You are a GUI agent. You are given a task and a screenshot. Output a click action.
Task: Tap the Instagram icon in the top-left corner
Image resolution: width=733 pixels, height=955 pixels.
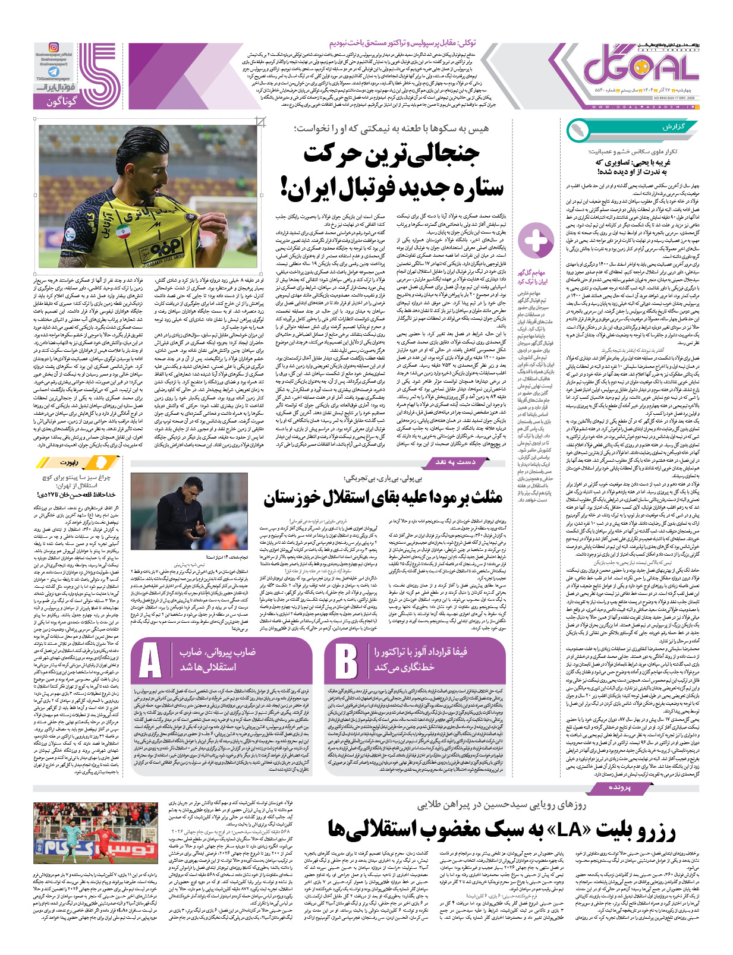coord(53,48)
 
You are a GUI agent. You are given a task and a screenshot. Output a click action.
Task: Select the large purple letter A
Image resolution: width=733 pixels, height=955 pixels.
coord(150,660)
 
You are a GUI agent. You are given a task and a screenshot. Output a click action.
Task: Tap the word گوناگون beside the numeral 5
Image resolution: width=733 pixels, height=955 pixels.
coord(62,102)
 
